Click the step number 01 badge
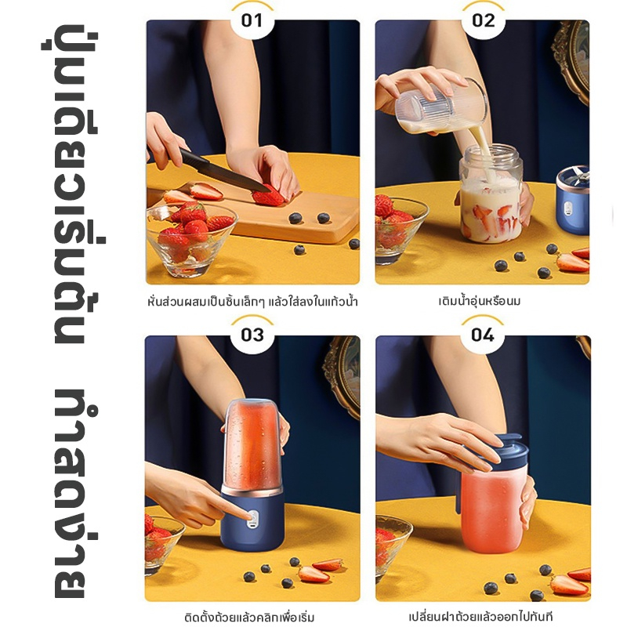tap(252, 20)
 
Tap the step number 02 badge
tap(483, 20)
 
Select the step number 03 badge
tap(252, 335)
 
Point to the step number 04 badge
tap(483, 335)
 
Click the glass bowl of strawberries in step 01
tap(191, 239)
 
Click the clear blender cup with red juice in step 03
tap(252, 445)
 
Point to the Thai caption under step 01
tap(252, 301)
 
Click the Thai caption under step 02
tap(480, 300)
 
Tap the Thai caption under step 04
tap(481, 616)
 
